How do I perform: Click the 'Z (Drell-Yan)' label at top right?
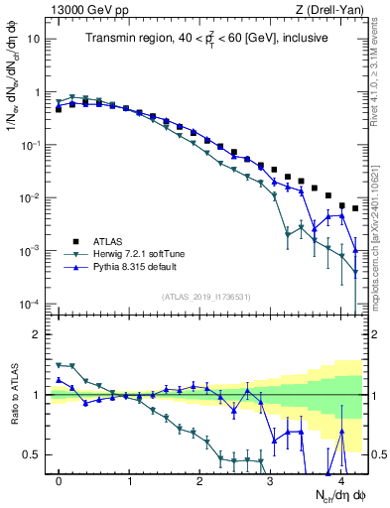331,10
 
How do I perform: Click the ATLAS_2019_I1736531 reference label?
204,298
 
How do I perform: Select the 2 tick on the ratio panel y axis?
38,334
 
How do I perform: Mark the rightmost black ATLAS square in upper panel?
355,208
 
